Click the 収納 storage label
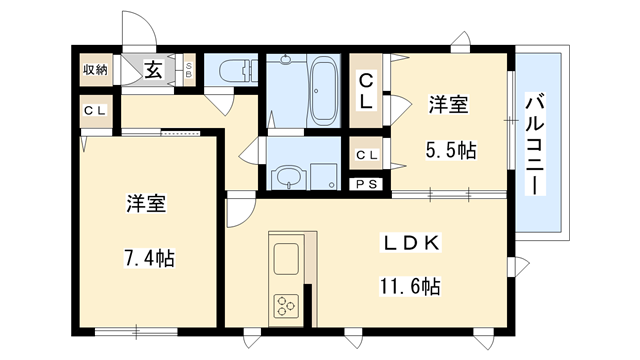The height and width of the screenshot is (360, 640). pos(95,69)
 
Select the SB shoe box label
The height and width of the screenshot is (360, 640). pos(190,70)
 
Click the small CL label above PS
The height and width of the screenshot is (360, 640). pos(366,155)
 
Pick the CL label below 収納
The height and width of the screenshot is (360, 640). pos(95,109)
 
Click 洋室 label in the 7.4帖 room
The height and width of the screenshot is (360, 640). pos(146,204)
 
